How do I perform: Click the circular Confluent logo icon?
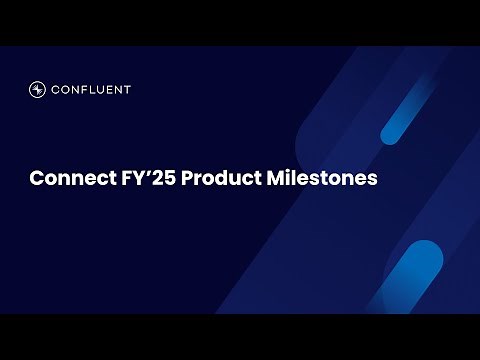pos(38,89)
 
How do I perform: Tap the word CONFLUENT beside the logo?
pos(93,89)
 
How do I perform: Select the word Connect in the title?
pos(66,179)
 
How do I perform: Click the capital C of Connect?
pos(36,179)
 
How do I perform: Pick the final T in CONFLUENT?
pos(127,89)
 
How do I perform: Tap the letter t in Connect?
pos(101,179)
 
